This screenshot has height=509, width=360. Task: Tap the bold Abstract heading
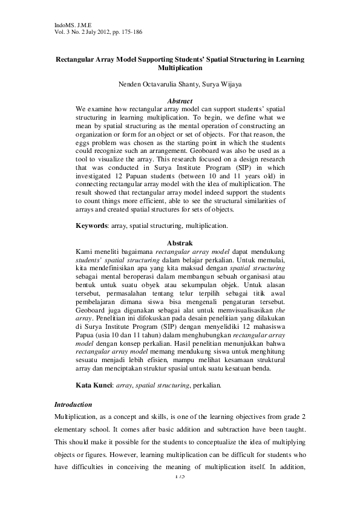click(x=180, y=100)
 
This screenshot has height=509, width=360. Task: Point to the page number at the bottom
click(x=180, y=477)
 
